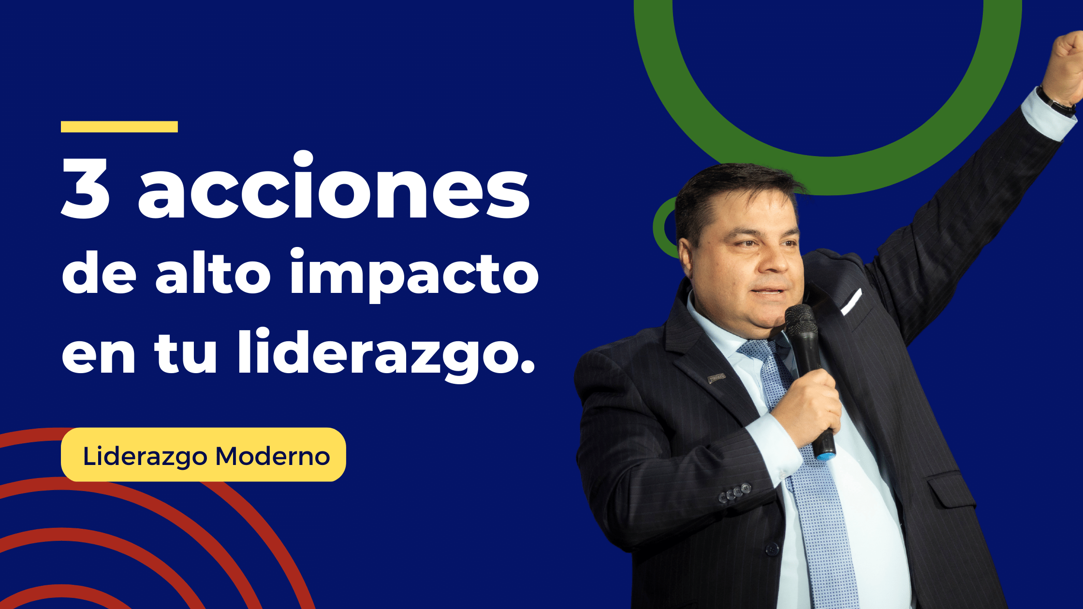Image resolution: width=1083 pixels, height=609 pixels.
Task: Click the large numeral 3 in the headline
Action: (86, 188)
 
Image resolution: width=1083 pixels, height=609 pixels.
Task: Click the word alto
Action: (213, 271)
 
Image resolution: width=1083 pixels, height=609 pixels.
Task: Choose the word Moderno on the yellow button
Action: (273, 456)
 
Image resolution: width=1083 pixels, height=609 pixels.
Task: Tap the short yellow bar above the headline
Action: (119, 127)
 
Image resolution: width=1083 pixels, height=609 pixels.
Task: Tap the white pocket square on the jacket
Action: (851, 302)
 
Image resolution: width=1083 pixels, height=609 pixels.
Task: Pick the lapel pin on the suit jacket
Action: (717, 377)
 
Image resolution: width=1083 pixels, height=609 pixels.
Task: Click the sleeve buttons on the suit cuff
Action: (734, 493)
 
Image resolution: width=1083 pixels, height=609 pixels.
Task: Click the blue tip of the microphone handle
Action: (825, 456)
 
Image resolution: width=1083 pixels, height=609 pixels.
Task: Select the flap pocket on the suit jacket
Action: (950, 488)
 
